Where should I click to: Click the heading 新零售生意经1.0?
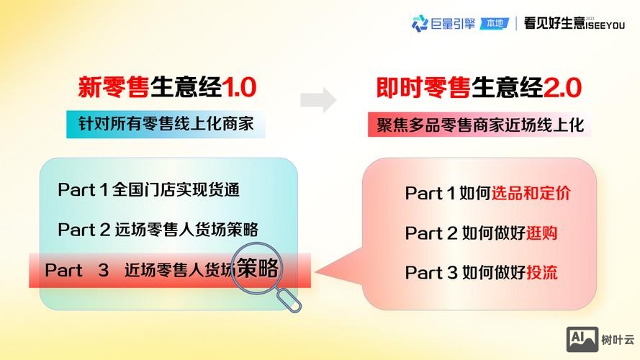click(167, 88)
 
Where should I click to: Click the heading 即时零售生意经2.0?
click(479, 88)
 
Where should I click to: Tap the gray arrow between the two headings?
click(318, 100)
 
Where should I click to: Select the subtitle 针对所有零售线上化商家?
click(166, 123)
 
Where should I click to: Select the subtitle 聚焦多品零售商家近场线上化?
click(479, 123)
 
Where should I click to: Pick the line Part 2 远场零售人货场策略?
click(158, 230)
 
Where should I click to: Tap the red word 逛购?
click(541, 233)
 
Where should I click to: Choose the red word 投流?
click(541, 273)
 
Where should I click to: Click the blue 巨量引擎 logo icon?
click(419, 24)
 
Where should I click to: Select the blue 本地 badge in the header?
click(495, 24)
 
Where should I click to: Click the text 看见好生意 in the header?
click(554, 24)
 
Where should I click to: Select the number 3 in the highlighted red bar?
click(103, 271)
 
